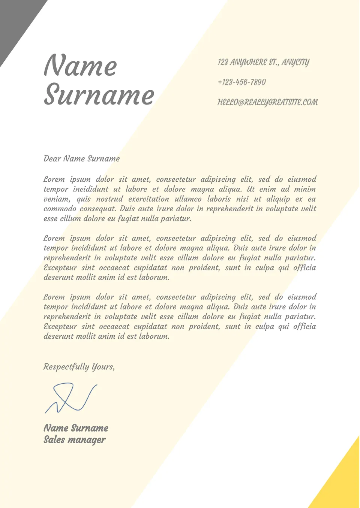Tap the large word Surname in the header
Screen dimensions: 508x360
[99, 94]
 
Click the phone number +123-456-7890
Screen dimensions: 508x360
[241, 82]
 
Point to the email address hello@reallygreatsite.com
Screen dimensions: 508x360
[267, 102]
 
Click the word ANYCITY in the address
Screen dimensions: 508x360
[295, 62]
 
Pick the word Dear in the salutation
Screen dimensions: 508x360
[52, 158]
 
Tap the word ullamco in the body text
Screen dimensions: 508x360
[188, 199]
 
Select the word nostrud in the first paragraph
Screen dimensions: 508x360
[109, 199]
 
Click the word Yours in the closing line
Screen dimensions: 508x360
[103, 367]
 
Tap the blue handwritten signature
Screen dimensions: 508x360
[70, 398]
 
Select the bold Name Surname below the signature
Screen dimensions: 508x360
[76, 428]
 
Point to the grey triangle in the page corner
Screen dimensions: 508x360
[15, 22]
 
